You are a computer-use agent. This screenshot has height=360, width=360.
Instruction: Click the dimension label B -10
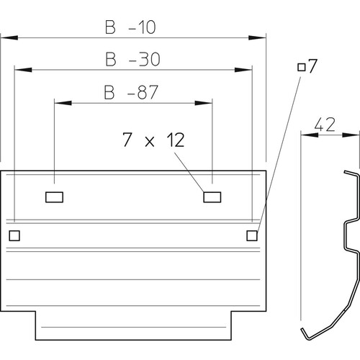coord(130,27)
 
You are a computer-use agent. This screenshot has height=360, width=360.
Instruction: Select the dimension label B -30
coord(132,59)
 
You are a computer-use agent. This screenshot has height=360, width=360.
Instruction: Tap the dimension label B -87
coord(131,92)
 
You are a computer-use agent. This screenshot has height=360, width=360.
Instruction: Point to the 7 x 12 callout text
coord(153,140)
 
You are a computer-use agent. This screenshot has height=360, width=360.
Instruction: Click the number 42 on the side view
coord(325,125)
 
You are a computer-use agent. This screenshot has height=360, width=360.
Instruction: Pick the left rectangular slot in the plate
coord(54,197)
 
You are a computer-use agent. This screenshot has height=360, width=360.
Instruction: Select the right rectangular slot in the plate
coord(212,197)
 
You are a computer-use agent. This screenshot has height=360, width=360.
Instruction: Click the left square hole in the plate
coord(14,235)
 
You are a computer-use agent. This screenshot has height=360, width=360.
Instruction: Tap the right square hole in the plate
coord(252,235)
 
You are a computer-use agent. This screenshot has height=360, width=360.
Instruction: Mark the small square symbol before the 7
coord(302,67)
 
